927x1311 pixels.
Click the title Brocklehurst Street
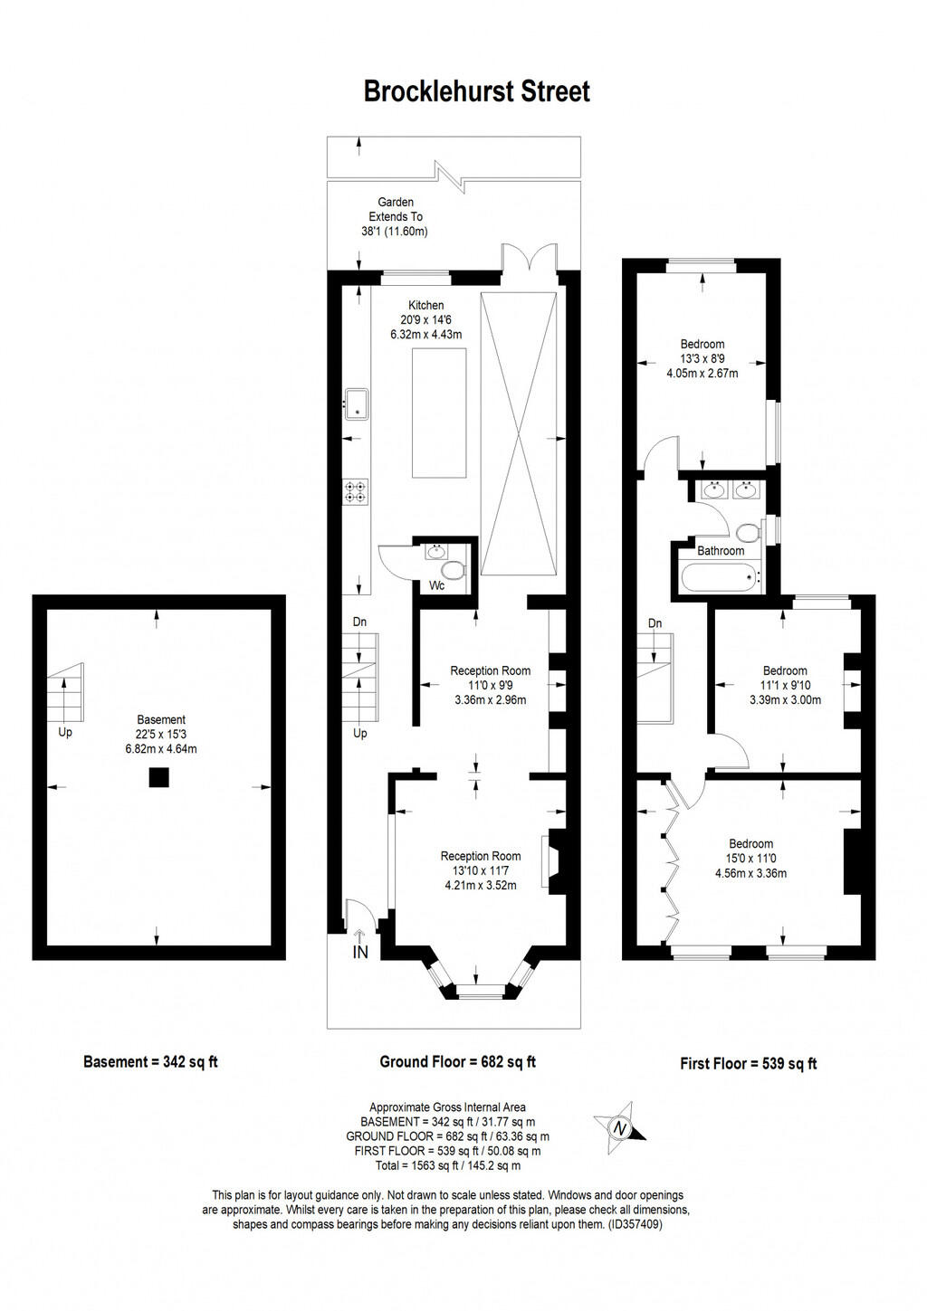(x=476, y=91)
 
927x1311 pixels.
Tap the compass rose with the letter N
(x=620, y=1127)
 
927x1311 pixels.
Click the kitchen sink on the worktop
(x=358, y=404)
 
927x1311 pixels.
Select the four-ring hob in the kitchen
(x=357, y=491)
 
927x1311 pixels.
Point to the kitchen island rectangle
(x=439, y=412)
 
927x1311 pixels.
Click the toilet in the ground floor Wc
(x=453, y=571)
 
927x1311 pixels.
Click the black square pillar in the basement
(x=159, y=777)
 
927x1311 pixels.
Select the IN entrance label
(x=360, y=952)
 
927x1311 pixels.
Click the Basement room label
(x=161, y=720)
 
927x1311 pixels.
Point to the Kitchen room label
(x=425, y=305)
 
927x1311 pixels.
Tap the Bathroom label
(x=721, y=550)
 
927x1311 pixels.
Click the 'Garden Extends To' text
(x=396, y=210)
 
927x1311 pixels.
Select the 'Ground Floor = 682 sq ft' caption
(x=457, y=1062)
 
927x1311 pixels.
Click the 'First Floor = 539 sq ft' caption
(x=748, y=1064)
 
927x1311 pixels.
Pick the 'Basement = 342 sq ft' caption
(x=150, y=1062)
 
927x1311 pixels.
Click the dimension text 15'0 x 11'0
(x=750, y=859)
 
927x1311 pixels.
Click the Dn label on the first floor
(x=655, y=623)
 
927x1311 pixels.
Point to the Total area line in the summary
(x=447, y=1165)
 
